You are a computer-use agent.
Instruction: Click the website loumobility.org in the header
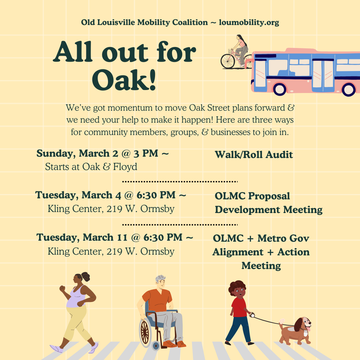click(249, 23)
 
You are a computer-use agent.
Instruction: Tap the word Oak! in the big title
click(124, 80)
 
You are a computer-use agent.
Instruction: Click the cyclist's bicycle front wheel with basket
click(228, 61)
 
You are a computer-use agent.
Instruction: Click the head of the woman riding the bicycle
click(239, 37)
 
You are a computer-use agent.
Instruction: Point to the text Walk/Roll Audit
click(254, 155)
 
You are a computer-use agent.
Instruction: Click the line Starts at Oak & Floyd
click(91, 167)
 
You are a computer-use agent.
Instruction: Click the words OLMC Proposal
click(252, 196)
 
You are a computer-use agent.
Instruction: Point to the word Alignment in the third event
click(238, 252)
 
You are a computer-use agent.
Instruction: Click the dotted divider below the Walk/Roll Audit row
click(180, 182)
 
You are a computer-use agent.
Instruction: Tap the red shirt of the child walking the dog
click(239, 307)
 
